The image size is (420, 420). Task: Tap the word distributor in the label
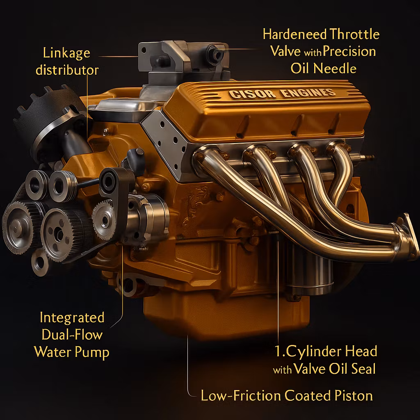click(x=67, y=70)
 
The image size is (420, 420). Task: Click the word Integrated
click(x=72, y=317)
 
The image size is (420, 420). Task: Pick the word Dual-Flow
click(x=72, y=335)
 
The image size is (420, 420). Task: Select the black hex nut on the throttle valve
click(x=214, y=53)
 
